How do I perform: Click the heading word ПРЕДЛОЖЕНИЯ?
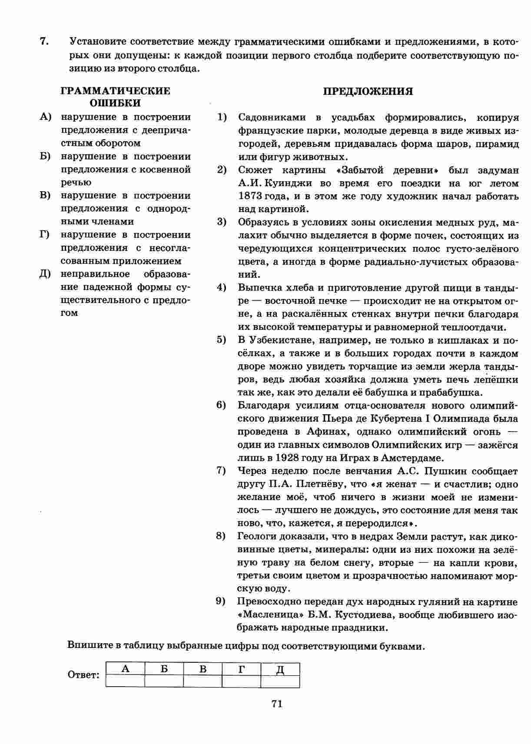tap(368, 91)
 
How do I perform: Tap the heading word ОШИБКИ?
tap(115, 103)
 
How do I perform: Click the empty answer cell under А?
tap(125, 681)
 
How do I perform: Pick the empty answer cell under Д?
tap(280, 681)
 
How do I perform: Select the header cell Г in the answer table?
tap(242, 669)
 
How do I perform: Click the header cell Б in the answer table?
tap(164, 669)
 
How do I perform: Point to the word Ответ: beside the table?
tap(84, 675)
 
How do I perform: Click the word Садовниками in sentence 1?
tap(272, 117)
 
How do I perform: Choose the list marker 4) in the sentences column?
tap(222, 287)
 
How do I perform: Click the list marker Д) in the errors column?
tap(45, 274)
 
